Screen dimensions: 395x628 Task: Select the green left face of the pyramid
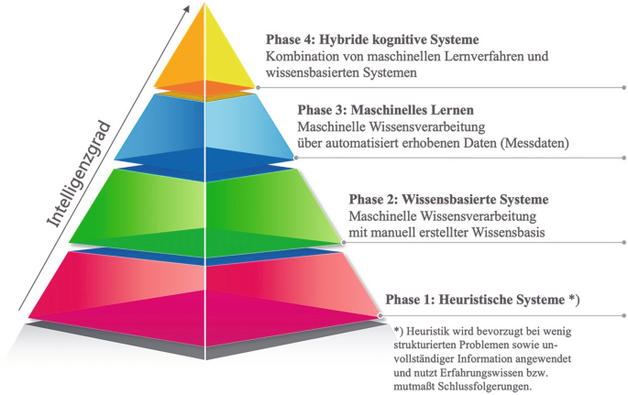(147, 202)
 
